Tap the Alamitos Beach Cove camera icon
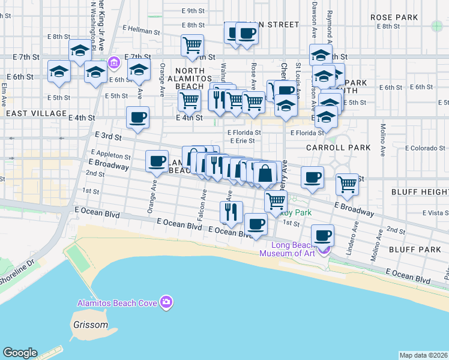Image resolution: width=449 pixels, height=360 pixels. click(x=167, y=302)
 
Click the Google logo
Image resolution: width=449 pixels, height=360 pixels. click(x=20, y=353)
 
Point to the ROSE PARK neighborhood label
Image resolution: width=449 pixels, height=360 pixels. click(x=394, y=17)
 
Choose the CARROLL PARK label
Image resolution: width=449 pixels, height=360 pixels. click(x=330, y=147)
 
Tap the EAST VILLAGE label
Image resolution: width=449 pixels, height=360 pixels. click(x=36, y=113)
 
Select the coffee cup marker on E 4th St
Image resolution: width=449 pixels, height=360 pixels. click(x=138, y=118)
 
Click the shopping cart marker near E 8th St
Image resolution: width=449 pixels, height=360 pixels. click(x=193, y=45)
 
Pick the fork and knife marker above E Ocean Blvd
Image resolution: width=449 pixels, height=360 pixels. click(x=231, y=211)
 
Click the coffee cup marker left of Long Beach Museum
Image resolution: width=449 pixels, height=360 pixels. click(x=256, y=224)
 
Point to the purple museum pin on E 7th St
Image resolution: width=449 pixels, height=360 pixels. click(x=113, y=62)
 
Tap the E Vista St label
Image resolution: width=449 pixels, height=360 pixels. click(x=436, y=212)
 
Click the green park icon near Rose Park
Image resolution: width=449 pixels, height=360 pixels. click(x=437, y=26)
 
